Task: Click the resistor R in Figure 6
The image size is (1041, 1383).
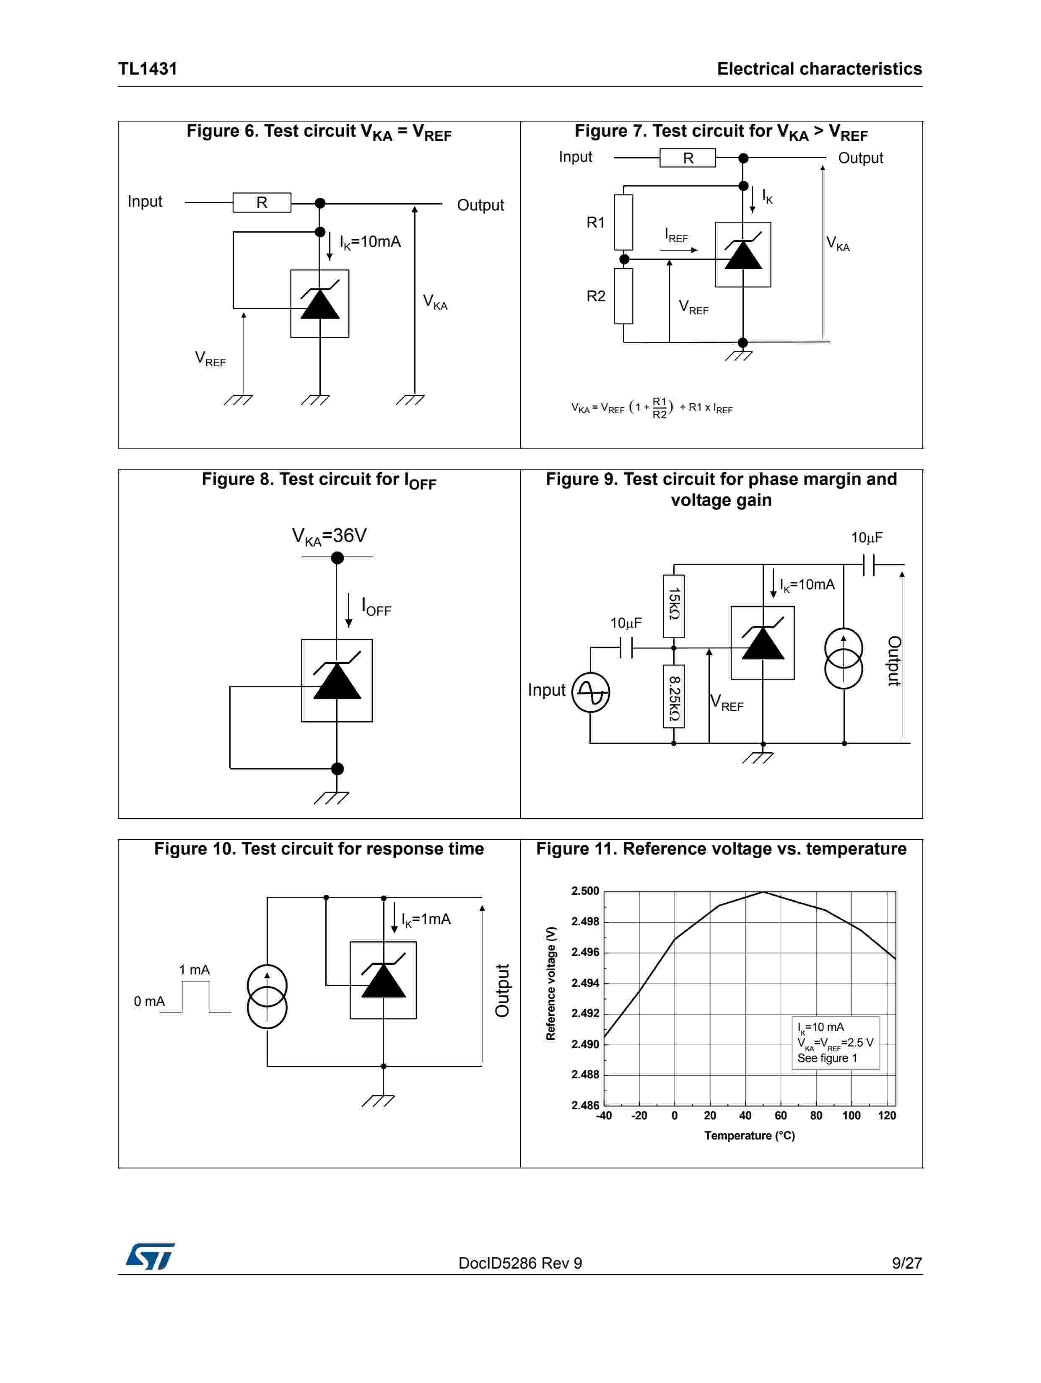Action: click(262, 202)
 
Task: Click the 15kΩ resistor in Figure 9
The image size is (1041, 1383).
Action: click(674, 606)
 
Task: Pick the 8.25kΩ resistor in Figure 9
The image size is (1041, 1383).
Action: click(674, 697)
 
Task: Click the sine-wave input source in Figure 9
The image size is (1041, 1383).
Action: click(591, 692)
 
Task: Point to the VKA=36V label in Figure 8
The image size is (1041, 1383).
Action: click(329, 536)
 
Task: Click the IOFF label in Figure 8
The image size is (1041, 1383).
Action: click(376, 606)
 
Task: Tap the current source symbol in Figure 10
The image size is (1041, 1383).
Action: click(267, 997)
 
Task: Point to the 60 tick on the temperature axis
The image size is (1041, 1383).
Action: click(781, 1115)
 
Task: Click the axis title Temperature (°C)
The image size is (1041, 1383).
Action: click(750, 1135)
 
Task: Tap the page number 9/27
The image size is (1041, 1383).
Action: click(906, 1263)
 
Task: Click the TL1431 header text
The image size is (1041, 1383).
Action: click(148, 69)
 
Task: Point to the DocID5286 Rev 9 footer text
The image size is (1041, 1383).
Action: click(520, 1263)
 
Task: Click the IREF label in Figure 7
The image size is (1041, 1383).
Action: click(676, 236)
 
